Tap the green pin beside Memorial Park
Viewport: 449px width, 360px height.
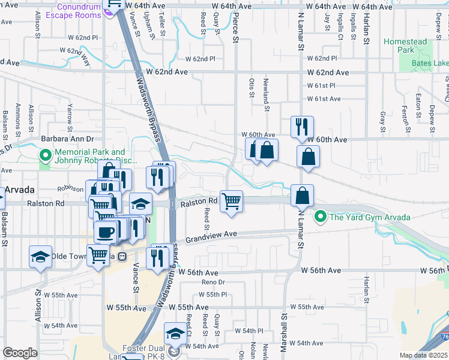pyautogui.click(x=45, y=156)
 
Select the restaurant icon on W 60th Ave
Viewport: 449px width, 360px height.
pyautogui.click(x=302, y=127)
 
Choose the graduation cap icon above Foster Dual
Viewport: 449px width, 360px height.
pyautogui.click(x=175, y=334)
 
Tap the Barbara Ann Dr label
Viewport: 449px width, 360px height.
pyautogui.click(x=65, y=139)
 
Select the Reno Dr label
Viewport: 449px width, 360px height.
pyautogui.click(x=212, y=282)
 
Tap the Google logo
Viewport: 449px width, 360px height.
pyautogui.click(x=20, y=353)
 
